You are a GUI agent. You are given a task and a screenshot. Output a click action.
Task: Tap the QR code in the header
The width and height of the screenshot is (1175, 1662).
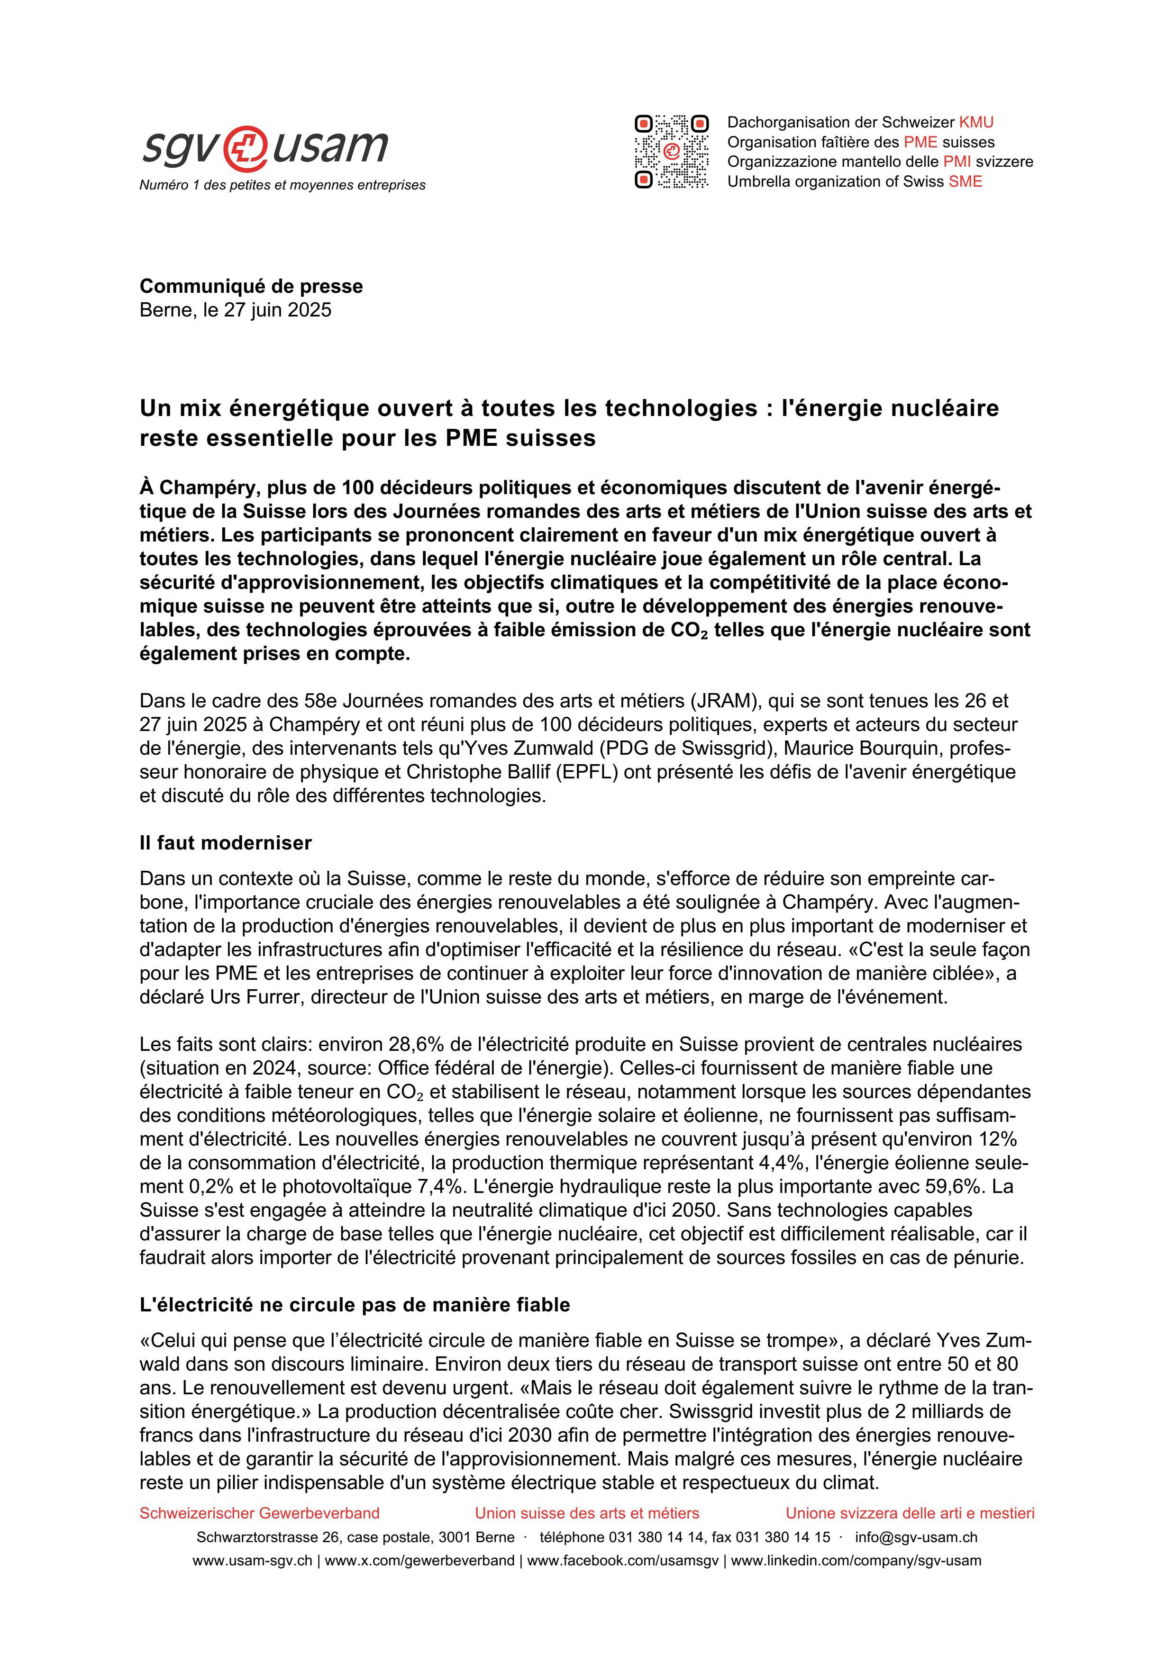pos(671,152)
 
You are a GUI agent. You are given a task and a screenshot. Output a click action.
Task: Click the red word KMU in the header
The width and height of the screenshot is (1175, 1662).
pos(976,122)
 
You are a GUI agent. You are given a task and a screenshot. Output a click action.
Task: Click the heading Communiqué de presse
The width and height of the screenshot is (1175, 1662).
pos(251,286)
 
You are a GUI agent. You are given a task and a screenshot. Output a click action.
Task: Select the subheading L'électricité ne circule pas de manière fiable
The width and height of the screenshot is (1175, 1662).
pos(355,1304)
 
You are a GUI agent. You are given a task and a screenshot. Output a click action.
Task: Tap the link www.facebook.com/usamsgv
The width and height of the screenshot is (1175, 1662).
pos(623,1561)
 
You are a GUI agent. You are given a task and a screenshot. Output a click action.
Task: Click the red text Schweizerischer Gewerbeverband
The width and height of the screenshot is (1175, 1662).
pos(259,1513)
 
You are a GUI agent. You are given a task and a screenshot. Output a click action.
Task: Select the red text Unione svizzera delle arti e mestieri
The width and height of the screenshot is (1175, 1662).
pos(910,1513)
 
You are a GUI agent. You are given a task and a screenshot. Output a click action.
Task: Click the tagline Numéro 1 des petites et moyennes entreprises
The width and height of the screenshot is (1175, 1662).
pos(282,185)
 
